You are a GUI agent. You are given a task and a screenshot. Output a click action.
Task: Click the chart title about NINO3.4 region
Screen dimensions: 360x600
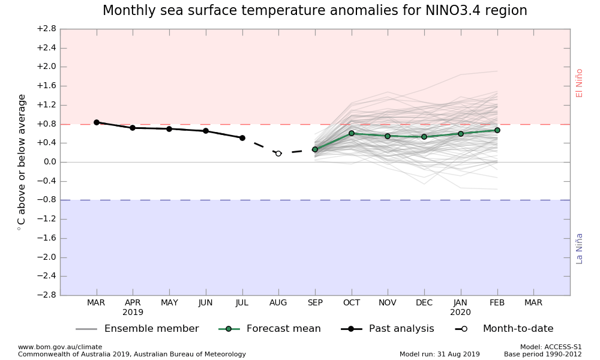coord(314,11)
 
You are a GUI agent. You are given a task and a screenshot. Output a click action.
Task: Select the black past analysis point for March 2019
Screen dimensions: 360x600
coord(96,122)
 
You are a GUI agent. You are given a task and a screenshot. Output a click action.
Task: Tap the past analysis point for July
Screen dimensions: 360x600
coord(242,138)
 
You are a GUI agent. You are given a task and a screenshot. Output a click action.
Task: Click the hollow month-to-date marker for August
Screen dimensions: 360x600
coord(278,154)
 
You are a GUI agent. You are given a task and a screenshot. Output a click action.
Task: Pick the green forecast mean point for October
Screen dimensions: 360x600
coord(352,133)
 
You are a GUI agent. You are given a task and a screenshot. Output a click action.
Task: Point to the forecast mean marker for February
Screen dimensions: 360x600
coord(497,130)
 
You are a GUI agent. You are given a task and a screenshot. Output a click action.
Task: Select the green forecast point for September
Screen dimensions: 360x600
coord(315,149)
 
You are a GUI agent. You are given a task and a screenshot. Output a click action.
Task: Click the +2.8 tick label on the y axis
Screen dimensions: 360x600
coord(46,29)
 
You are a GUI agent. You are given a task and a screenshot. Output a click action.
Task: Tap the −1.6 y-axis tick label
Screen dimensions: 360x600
coord(46,238)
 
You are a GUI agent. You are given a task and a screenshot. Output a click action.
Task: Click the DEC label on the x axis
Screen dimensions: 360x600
coord(424,303)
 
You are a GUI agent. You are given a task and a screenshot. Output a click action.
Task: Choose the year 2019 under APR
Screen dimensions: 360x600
coord(133,313)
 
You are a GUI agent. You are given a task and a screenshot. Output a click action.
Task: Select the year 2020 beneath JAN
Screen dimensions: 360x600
coord(461,313)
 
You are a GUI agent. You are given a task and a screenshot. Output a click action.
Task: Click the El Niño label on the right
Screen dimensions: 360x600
coord(580,83)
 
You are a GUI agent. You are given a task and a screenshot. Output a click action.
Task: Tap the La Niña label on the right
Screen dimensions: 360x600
coord(580,248)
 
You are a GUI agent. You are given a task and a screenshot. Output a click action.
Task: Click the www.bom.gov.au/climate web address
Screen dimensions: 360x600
coord(60,347)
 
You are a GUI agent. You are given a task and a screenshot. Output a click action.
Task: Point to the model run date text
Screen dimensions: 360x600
coord(440,354)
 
